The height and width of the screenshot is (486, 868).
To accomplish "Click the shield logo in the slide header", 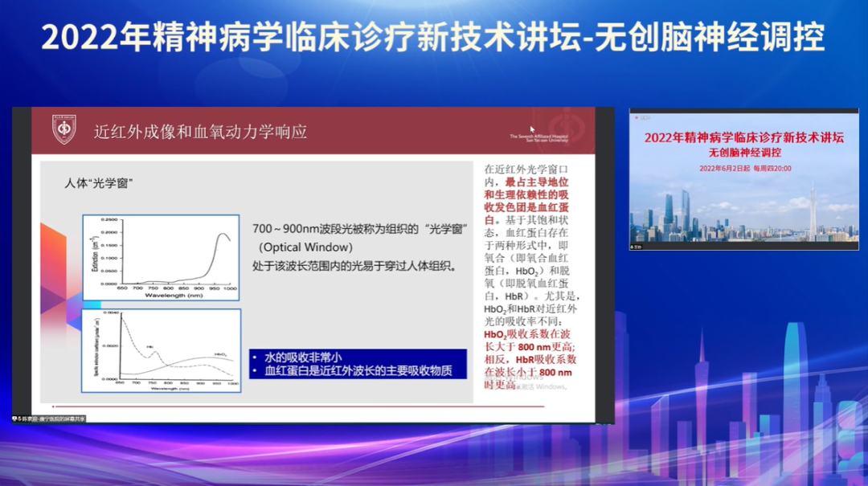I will tap(64, 130).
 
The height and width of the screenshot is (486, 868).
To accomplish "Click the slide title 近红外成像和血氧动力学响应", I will tap(200, 131).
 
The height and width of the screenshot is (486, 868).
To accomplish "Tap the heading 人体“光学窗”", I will tap(98, 183).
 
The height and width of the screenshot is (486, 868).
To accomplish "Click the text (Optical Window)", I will tap(305, 247).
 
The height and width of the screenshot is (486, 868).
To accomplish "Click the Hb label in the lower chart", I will tap(150, 347).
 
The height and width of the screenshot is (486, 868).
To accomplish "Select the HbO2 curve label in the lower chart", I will tap(219, 354).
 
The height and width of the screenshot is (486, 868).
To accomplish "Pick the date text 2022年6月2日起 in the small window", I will tap(723, 169).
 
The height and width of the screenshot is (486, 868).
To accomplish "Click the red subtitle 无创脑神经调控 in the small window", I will tap(744, 152).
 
